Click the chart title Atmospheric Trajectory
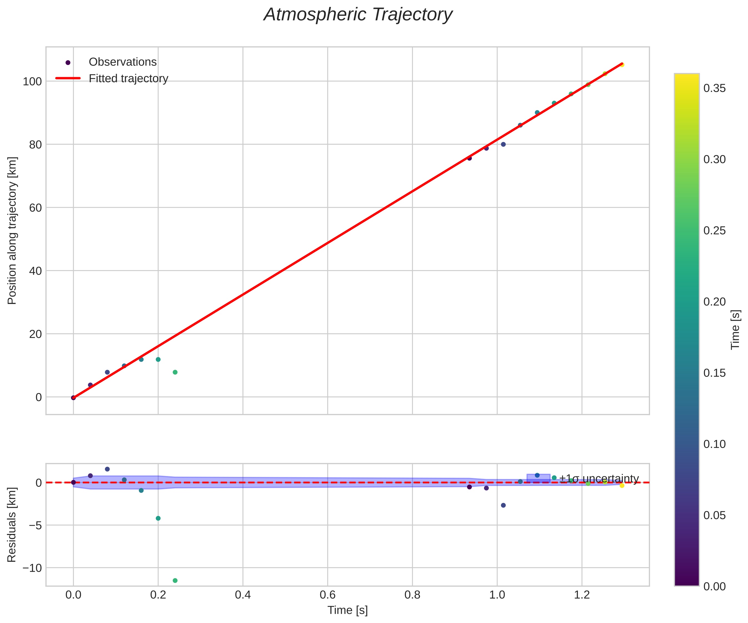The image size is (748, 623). click(358, 15)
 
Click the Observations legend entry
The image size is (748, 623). click(123, 62)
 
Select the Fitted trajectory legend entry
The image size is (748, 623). click(128, 78)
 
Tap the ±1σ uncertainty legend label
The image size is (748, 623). click(599, 478)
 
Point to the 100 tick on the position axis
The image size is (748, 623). click(32, 82)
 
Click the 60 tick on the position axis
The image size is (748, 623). click(35, 208)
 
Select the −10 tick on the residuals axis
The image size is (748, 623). click(32, 568)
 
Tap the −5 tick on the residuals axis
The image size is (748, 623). click(35, 525)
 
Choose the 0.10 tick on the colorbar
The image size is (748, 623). click(714, 444)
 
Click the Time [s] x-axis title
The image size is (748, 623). click(347, 611)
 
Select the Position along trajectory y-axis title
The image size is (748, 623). click(12, 231)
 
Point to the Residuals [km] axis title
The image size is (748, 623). click(12, 525)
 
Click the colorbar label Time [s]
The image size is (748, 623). click(736, 330)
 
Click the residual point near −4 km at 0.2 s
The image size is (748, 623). click(158, 518)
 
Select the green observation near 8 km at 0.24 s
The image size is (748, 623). click(175, 372)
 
